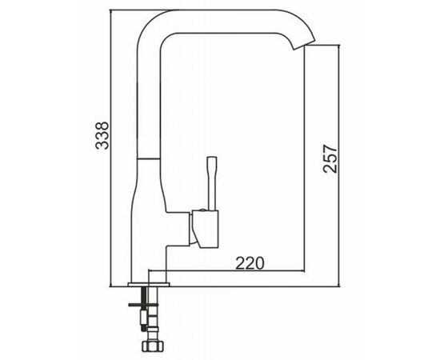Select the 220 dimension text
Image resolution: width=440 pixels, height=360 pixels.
pos(250,262)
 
